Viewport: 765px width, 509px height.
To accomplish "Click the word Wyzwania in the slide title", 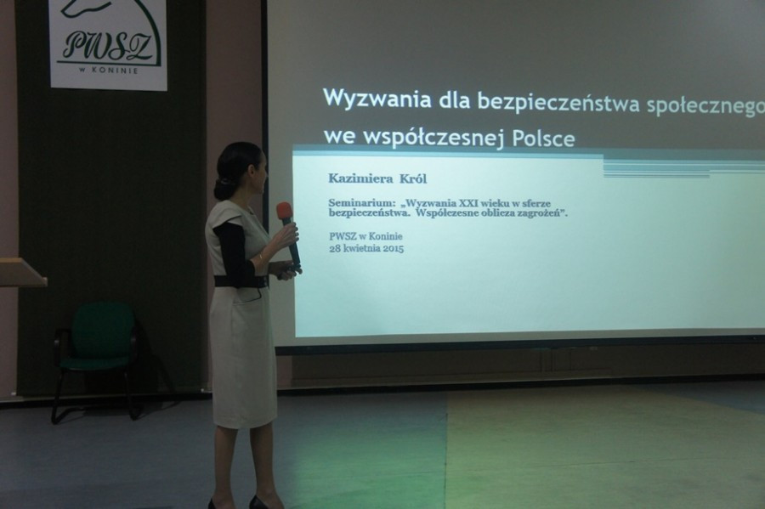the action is pyautogui.click(x=377, y=99).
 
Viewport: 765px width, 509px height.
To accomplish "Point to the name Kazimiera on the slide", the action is pyautogui.click(x=360, y=178).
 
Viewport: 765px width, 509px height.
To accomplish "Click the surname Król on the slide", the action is pyautogui.click(x=413, y=178).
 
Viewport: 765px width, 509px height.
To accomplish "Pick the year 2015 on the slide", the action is pyautogui.click(x=394, y=249).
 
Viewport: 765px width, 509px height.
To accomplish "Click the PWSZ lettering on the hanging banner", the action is pyautogui.click(x=110, y=45).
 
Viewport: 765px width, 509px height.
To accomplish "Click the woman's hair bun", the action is pyautogui.click(x=222, y=189).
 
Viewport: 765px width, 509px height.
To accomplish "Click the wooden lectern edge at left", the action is pyautogui.click(x=23, y=274).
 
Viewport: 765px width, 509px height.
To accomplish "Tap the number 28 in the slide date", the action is pyautogui.click(x=335, y=248).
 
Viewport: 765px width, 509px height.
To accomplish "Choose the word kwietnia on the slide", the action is pyautogui.click(x=361, y=248).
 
